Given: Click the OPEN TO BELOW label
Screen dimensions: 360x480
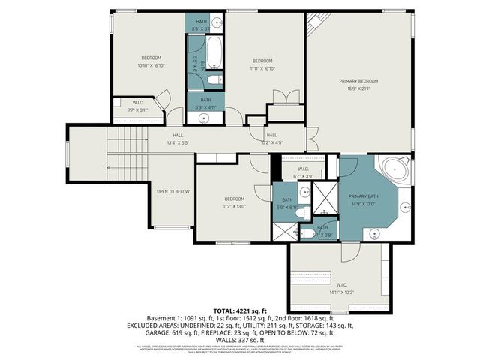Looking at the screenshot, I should [172, 192].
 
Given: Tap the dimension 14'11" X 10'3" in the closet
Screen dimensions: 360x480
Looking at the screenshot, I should [340, 292].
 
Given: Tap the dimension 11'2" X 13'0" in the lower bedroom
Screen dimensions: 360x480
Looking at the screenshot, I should [234, 207].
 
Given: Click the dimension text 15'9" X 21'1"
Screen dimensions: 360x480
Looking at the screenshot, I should [358, 89].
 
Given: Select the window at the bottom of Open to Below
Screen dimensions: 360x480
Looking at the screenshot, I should [172, 228].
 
